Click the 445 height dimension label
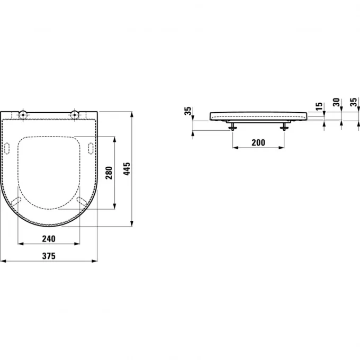[x=127, y=169]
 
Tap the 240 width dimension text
[x=49, y=238]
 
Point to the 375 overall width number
[x=49, y=256]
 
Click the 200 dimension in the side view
[x=258, y=142]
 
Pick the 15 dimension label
[x=318, y=107]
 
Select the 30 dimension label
[x=336, y=103]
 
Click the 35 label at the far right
[x=354, y=103]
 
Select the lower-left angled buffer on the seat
[x=17, y=201]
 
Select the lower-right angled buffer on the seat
[x=82, y=201]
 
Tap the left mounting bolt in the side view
[x=232, y=125]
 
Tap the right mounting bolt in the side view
[x=285, y=125]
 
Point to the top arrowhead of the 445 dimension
[x=132, y=113]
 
